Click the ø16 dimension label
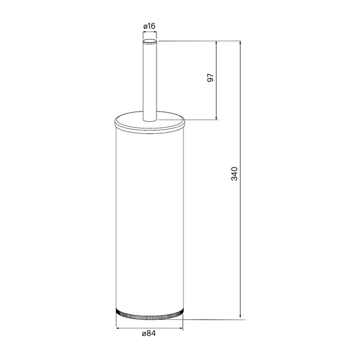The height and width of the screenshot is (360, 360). tap(149, 26)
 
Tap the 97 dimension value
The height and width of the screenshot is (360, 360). tap(211, 77)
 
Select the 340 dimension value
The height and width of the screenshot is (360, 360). tap(235, 174)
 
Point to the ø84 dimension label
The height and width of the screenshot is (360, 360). tap(149, 333)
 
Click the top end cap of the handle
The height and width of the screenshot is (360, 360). tap(149, 41)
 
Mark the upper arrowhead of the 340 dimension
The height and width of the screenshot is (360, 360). tap(241, 43)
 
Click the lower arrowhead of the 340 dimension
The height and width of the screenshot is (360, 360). tap(241, 317)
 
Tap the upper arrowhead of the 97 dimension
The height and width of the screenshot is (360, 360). tap(217, 43)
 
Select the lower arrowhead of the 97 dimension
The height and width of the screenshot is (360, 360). tap(217, 118)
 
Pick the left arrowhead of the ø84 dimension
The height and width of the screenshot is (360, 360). tap(118, 328)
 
